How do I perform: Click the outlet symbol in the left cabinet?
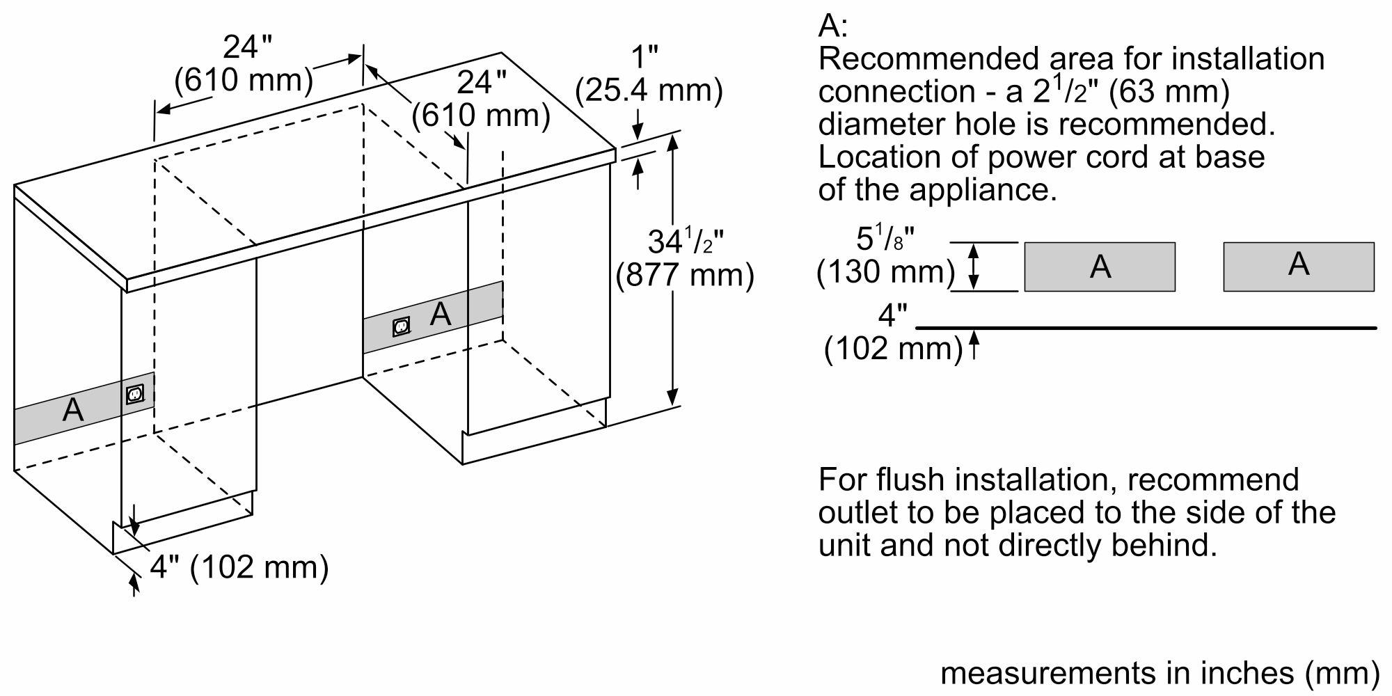[x=135, y=395]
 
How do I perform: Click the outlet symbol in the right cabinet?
[x=401, y=326]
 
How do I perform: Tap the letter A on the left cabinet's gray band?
[x=73, y=410]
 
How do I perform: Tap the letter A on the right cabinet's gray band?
[x=441, y=315]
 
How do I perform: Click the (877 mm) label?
[x=685, y=276]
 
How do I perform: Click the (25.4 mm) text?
[x=649, y=90]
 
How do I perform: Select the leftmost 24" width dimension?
[x=247, y=47]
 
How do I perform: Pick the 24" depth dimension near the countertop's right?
[x=481, y=83]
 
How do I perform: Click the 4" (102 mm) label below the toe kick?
[x=239, y=567]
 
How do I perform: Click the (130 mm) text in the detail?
[x=885, y=271]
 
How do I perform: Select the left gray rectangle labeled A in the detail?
[x=1099, y=267]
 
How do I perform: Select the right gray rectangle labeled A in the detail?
[x=1298, y=267]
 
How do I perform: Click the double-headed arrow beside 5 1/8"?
[x=974, y=267]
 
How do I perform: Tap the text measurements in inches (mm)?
[x=1159, y=672]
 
